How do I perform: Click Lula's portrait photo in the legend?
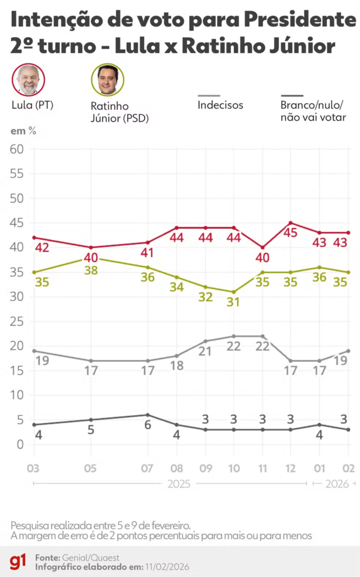(x=28, y=80)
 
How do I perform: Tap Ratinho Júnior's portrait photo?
(x=108, y=80)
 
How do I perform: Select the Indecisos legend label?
(x=220, y=105)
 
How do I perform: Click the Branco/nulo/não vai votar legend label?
(x=313, y=112)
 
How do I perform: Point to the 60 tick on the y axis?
(x=16, y=149)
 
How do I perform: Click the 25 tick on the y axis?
(x=16, y=321)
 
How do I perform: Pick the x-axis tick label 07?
(x=147, y=468)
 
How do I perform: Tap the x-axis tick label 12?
(x=290, y=468)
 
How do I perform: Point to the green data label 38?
(x=91, y=270)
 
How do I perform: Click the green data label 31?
(x=233, y=302)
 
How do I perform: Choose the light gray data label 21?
(x=205, y=352)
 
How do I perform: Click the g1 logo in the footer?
(x=17, y=561)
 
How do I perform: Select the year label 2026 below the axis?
(x=336, y=483)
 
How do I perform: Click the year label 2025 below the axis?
(x=178, y=483)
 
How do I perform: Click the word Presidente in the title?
(x=295, y=21)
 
